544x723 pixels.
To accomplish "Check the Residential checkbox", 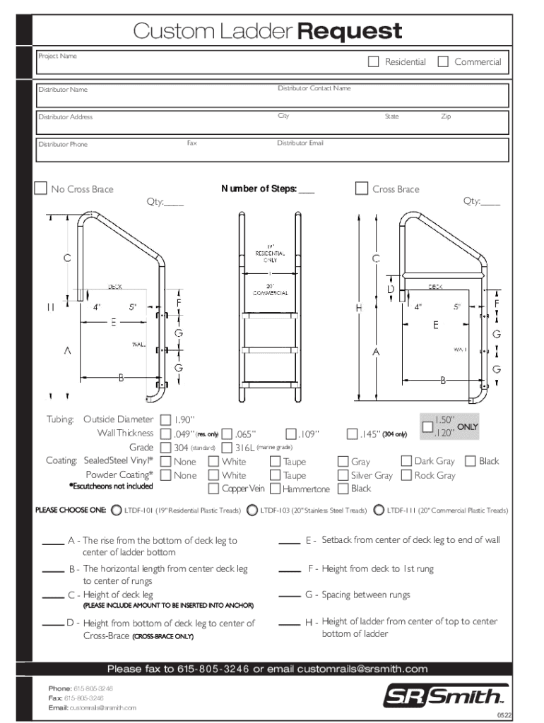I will pos(374,61).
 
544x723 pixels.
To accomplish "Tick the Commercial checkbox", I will pos(443,61).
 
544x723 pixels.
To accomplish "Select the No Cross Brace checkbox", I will pos(42,189).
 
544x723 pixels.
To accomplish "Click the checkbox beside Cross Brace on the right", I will pos(362,189).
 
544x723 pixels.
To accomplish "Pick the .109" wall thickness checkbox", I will pos(291,434).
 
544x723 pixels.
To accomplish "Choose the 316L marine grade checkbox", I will pos(227,448).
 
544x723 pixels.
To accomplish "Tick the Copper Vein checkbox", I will pos(213,489).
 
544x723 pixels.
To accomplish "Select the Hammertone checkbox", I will pos(275,489).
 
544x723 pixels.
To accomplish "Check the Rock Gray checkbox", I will pos(406,475).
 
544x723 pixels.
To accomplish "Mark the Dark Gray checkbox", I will pos(406,461).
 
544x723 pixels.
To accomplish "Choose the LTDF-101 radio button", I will pos(117,510).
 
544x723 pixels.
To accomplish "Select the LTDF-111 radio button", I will pos(380,510).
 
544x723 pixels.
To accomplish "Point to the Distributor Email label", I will pos(300,143).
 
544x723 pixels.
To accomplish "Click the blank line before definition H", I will pos(289,624).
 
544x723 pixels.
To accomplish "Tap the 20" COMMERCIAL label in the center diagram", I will pos(270,289).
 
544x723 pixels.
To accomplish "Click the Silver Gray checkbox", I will pos(343,475).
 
